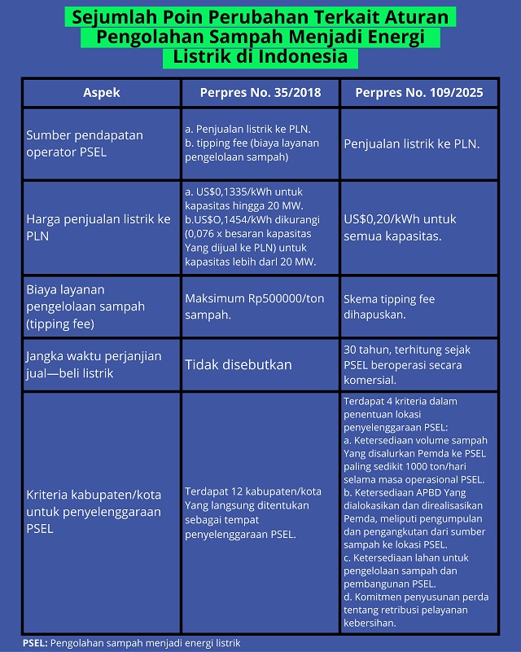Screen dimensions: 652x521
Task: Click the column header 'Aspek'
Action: coord(101,93)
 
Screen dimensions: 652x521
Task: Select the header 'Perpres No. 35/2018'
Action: coord(260,93)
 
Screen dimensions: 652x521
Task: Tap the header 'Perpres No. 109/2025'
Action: coord(419,93)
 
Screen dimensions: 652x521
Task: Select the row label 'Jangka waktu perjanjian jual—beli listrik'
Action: coord(94,364)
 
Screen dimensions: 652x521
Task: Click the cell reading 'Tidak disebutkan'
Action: coord(238,364)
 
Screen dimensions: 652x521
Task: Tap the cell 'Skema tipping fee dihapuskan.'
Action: coord(389,307)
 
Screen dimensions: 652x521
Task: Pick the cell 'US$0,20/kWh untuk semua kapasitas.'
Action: coord(401,227)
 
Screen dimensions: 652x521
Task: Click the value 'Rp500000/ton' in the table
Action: coord(278,298)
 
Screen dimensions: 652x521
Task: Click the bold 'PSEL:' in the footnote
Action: coord(35,643)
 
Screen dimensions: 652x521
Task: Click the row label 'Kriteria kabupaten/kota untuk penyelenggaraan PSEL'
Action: coord(94,511)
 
